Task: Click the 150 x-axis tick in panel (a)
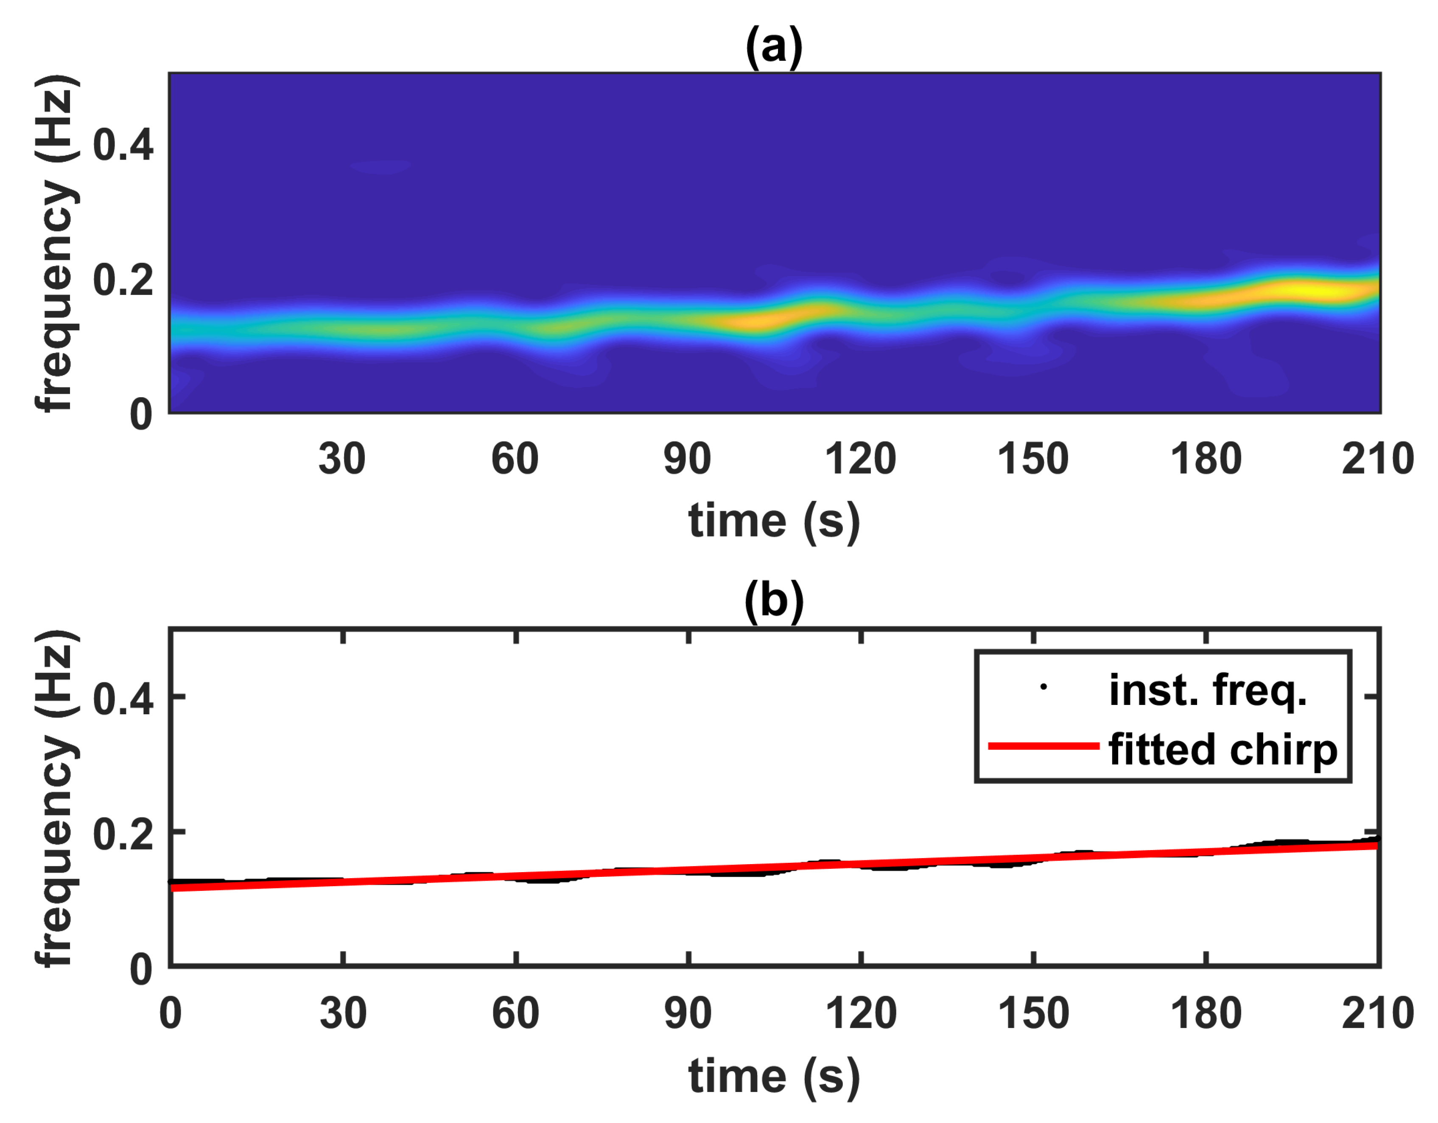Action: click(1032, 459)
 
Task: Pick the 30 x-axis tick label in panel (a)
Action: click(342, 459)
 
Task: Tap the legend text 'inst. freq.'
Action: click(1208, 690)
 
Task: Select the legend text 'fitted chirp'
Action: click(1223, 750)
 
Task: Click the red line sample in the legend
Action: click(1044, 746)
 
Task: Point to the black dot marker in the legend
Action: click(1043, 687)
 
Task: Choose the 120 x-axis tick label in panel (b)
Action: click(861, 1014)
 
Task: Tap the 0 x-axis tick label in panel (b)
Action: click(171, 1014)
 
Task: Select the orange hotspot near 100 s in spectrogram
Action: click(751, 321)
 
